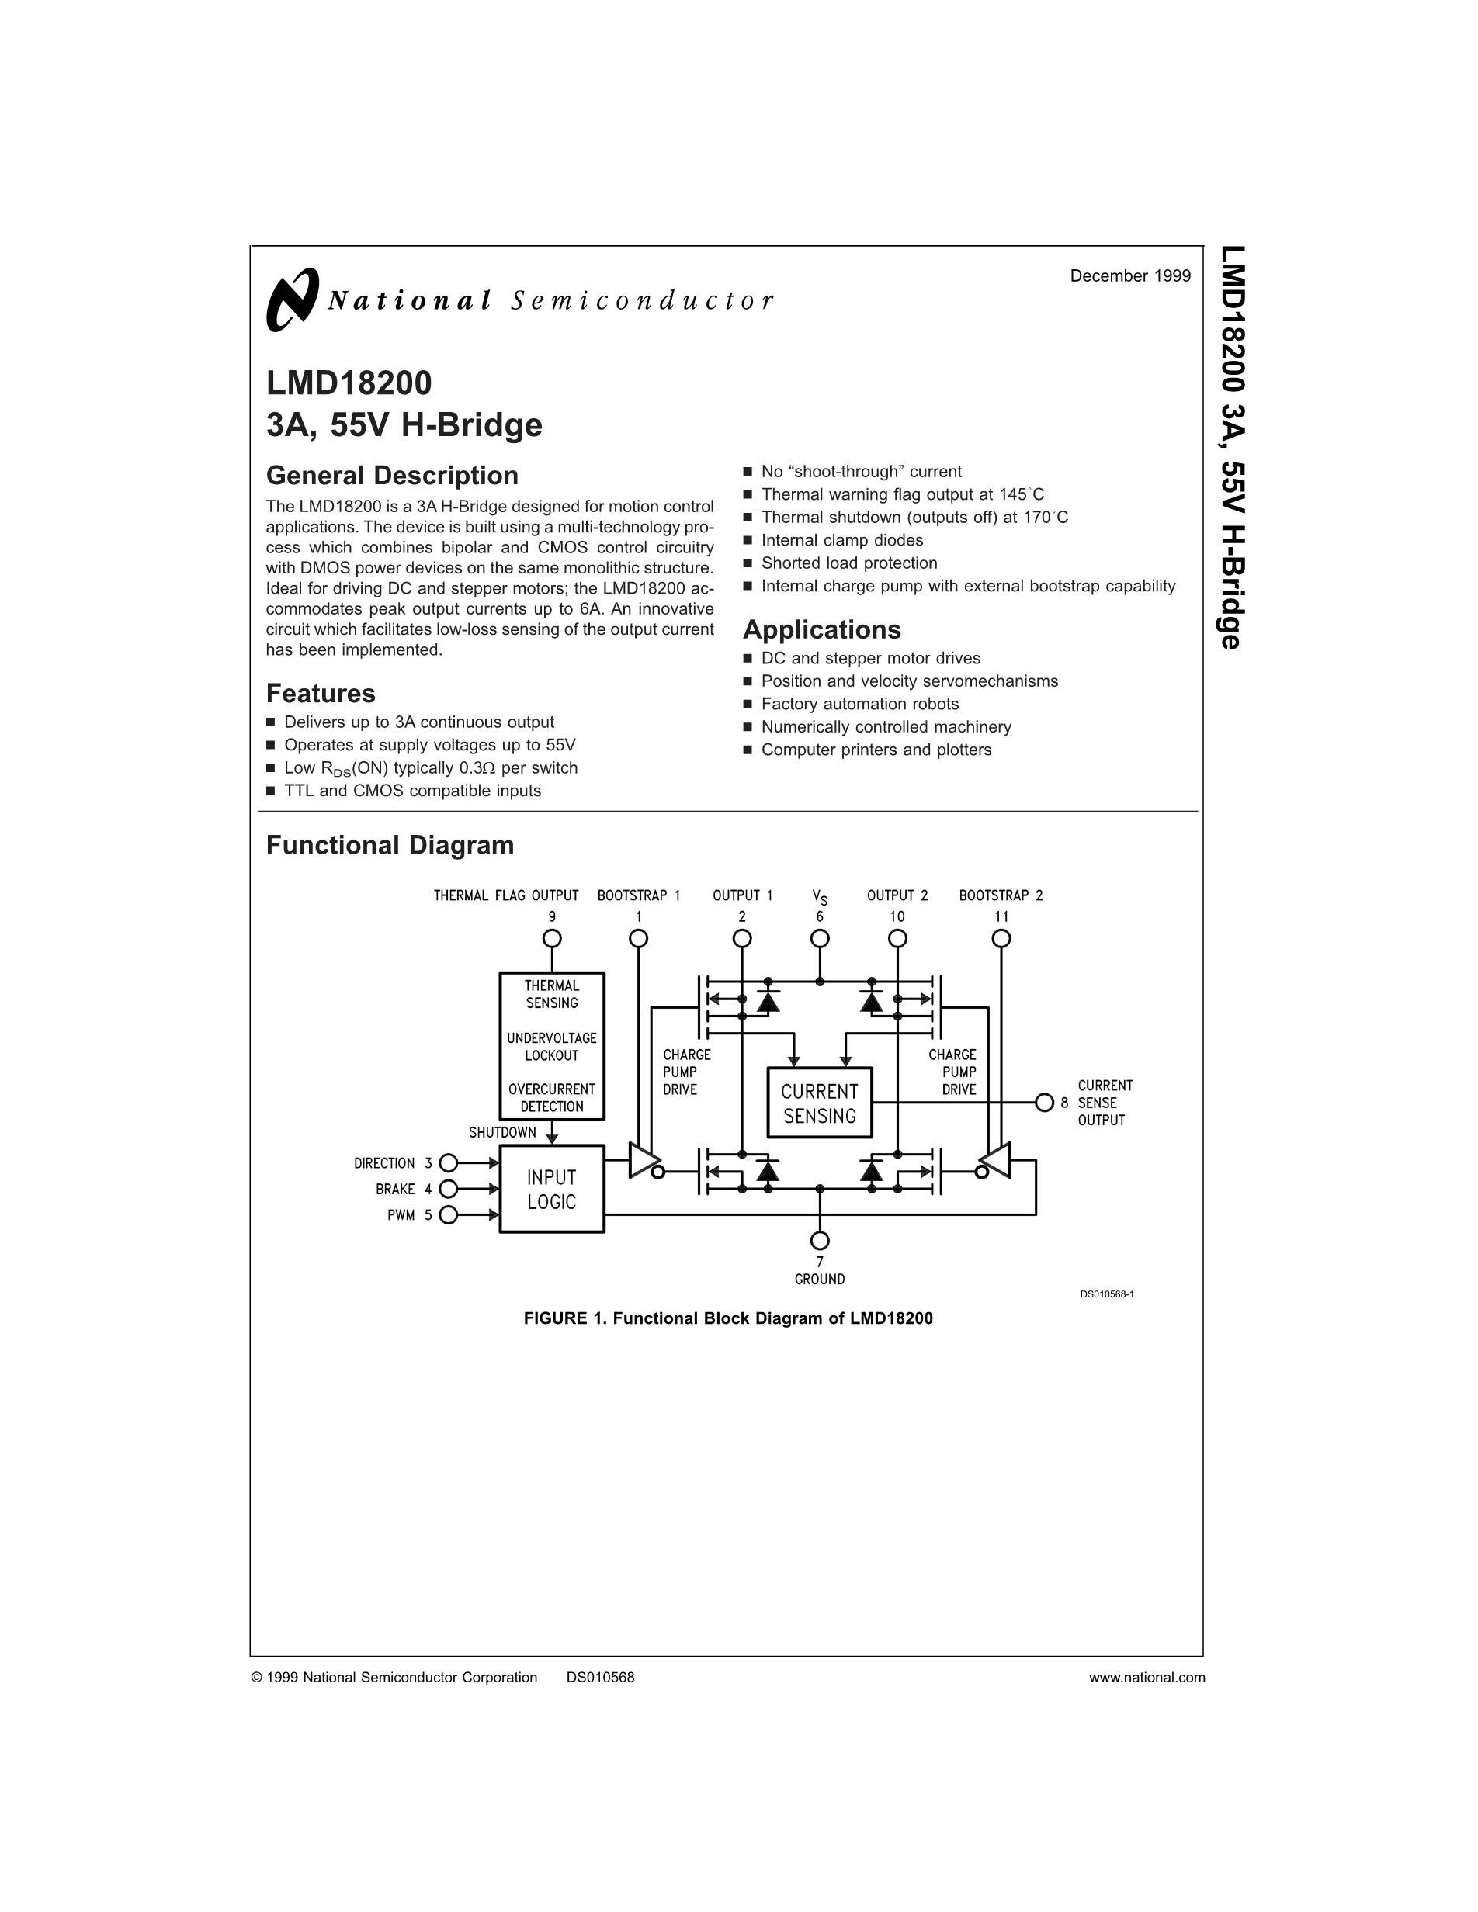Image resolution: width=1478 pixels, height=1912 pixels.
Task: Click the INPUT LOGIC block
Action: click(552, 1189)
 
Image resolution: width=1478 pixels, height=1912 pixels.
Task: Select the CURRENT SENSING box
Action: click(820, 1103)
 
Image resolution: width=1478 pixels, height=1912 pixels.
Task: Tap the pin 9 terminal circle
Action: click(552, 938)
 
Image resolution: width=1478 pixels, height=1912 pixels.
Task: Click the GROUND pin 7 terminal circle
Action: click(820, 1241)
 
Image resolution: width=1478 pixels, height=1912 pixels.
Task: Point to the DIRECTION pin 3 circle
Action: click(449, 1162)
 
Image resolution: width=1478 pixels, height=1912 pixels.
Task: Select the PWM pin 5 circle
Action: click(449, 1214)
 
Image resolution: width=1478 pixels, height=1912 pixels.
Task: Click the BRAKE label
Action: click(395, 1189)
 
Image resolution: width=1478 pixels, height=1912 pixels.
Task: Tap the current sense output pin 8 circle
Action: click(1044, 1102)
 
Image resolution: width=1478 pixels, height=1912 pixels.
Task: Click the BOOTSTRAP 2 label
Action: click(1001, 895)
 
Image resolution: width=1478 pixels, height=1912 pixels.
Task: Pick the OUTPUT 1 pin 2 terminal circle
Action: click(741, 938)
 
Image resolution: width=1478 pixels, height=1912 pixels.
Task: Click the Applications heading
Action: click(821, 629)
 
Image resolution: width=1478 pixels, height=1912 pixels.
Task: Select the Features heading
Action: click(321, 694)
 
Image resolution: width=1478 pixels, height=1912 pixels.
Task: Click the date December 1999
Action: click(1129, 275)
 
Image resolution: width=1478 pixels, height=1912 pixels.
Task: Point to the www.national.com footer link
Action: click(1147, 1678)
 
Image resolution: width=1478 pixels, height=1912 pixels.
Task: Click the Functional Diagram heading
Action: click(390, 845)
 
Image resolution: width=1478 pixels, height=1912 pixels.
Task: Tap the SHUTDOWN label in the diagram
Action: click(501, 1132)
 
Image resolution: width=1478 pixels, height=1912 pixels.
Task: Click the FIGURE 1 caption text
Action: click(727, 1318)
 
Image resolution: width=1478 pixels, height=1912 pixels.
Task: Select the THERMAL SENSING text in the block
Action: click(552, 995)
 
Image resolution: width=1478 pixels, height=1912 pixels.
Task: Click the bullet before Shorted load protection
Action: click(748, 563)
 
